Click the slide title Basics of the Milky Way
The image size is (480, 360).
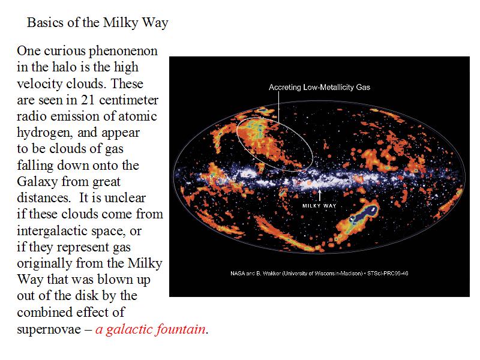[98, 23]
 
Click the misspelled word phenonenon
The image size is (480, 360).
[124, 52]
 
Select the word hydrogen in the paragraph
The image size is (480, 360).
[44, 133]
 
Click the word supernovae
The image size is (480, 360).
[49, 329]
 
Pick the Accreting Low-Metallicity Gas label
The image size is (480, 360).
[319, 88]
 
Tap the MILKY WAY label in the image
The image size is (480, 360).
[319, 206]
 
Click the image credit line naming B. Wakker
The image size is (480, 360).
[319, 274]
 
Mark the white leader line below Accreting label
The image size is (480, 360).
[278, 107]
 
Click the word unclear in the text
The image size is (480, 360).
[125, 198]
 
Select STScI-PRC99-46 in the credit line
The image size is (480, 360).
[388, 274]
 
